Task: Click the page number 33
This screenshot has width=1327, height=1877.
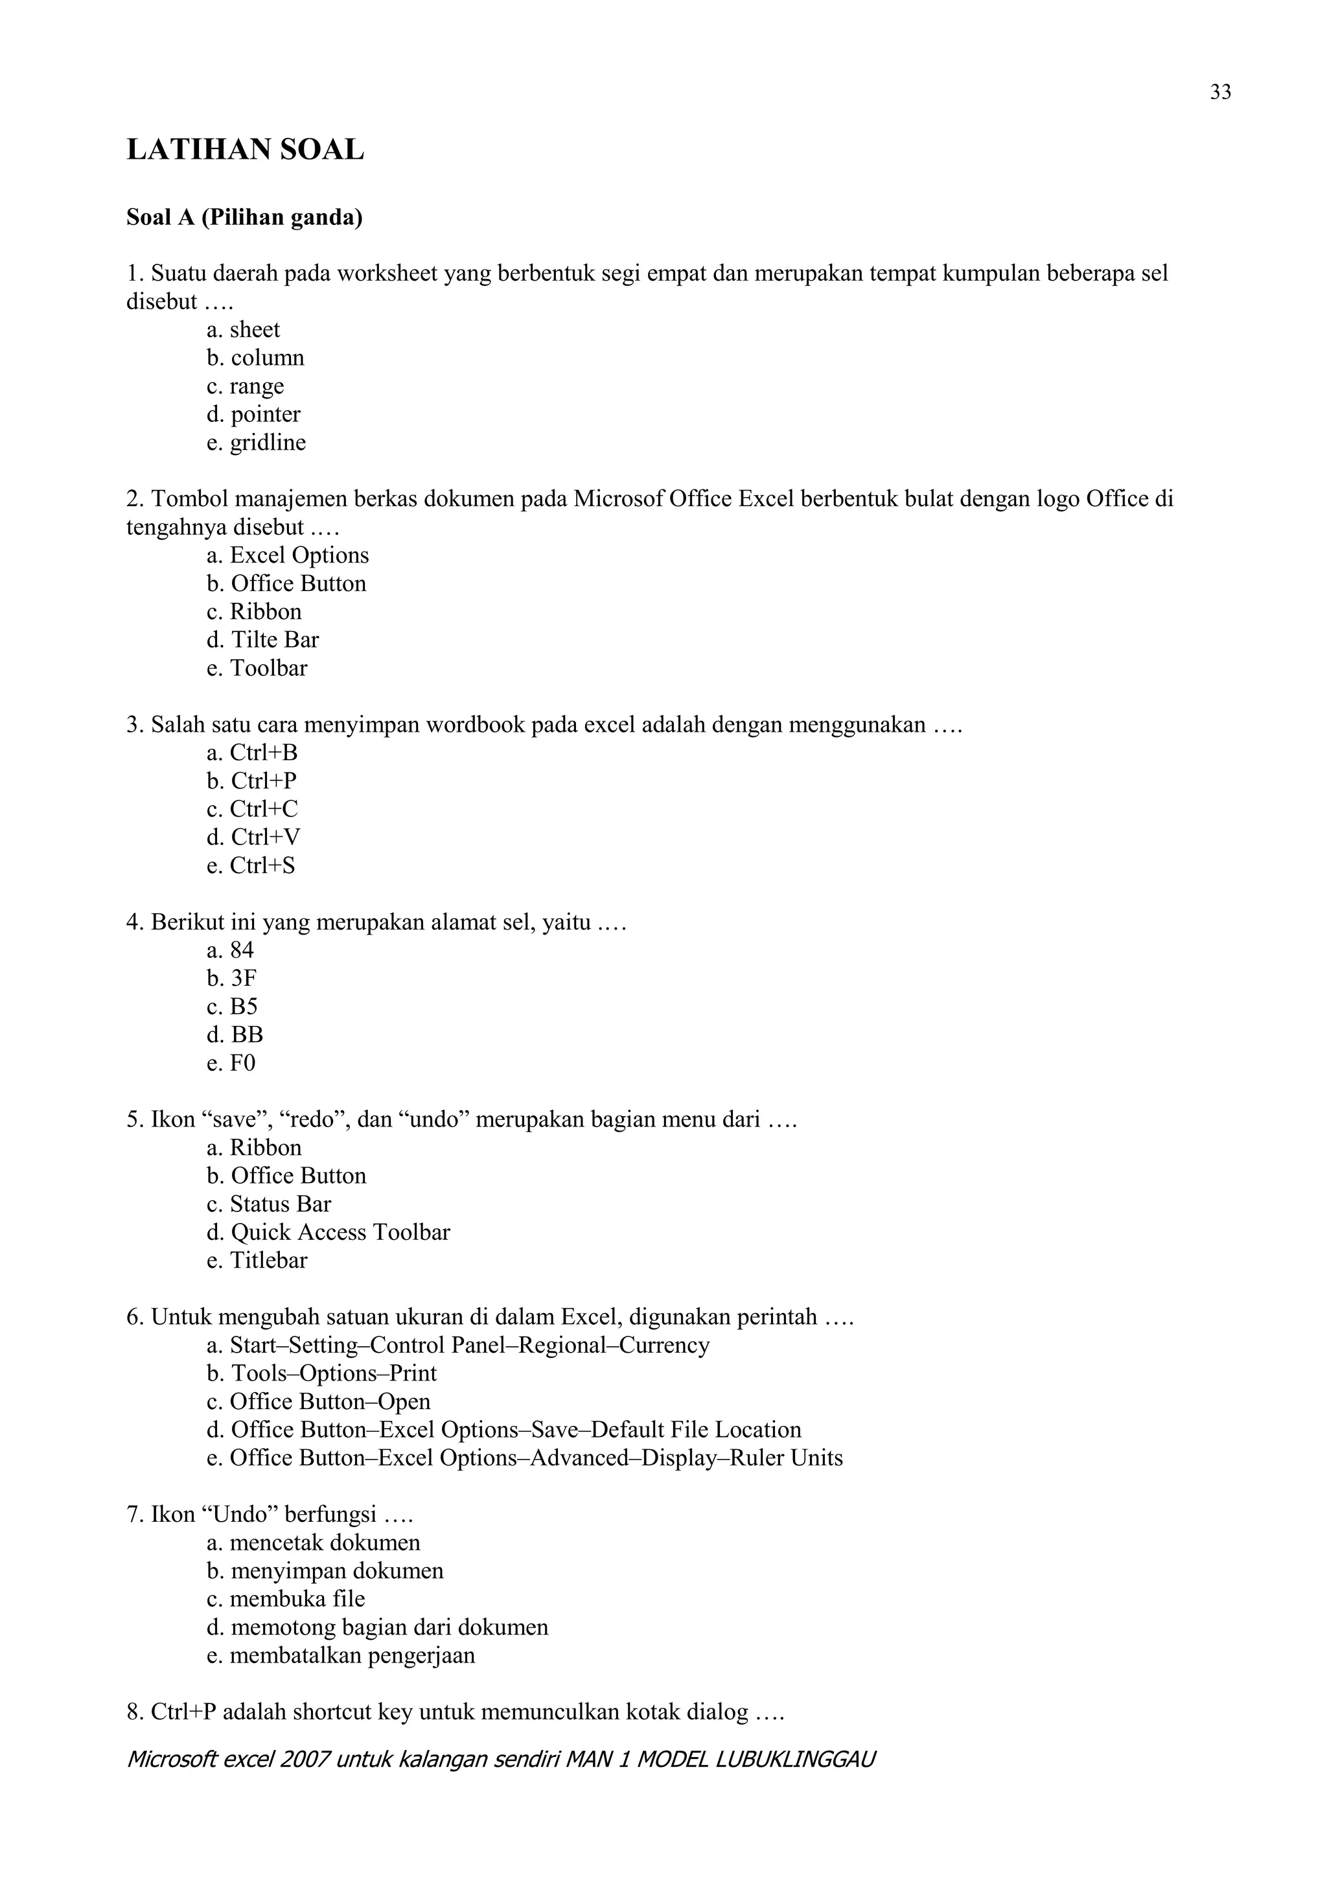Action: [1220, 93]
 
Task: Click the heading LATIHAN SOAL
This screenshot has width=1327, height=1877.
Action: [245, 150]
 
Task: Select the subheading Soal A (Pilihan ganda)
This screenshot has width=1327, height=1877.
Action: [244, 218]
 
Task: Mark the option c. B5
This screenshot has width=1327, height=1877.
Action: [232, 1007]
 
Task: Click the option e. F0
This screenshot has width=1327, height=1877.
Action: [231, 1063]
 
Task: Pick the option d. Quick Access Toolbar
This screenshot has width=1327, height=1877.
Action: [329, 1232]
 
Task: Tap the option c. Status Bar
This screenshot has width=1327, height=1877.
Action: [269, 1204]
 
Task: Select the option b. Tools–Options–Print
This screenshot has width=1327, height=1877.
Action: [322, 1373]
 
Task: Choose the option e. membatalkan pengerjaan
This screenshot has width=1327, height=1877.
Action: [341, 1655]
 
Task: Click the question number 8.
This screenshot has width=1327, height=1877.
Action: [135, 1712]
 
